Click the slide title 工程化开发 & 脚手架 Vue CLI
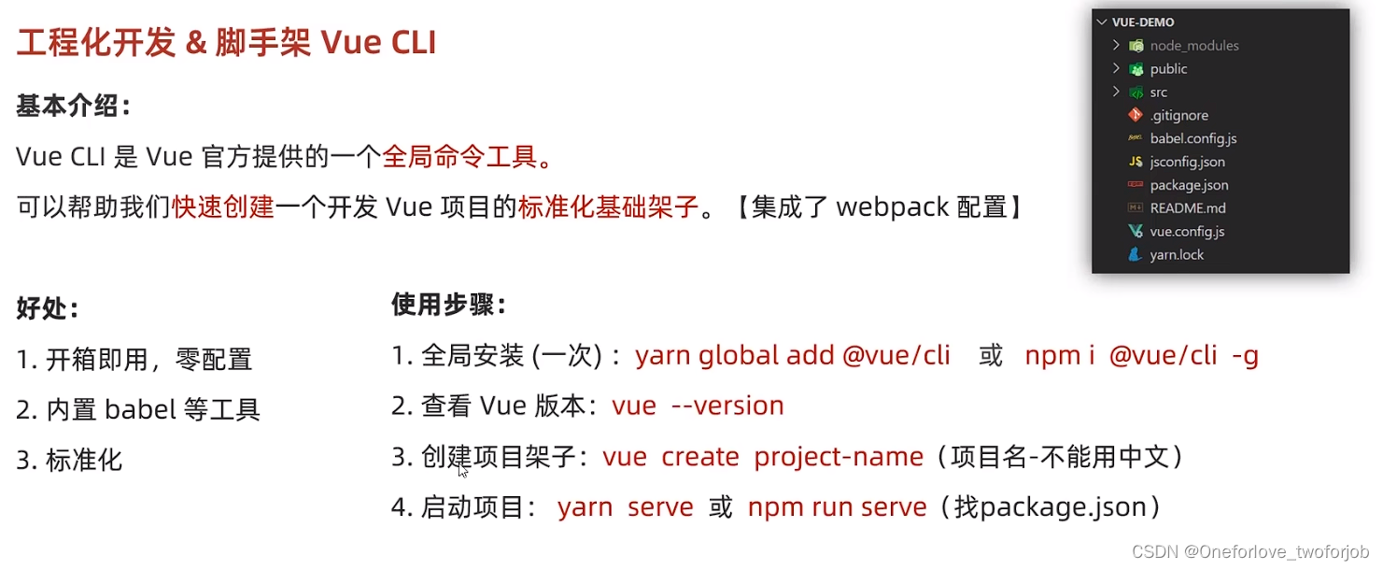click(226, 43)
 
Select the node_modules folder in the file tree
click(1193, 46)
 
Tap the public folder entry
click(1168, 69)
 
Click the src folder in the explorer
click(1158, 93)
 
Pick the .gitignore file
click(1178, 116)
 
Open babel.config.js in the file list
click(1192, 138)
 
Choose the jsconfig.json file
click(1187, 162)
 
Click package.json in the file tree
click(1189, 185)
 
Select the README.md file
click(1188, 208)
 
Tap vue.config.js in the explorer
click(1187, 231)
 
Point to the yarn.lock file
click(1177, 254)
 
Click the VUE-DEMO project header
click(1142, 22)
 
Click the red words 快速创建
click(223, 207)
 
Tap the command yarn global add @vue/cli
click(792, 355)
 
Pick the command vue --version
click(698, 406)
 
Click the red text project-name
click(838, 457)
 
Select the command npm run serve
click(837, 507)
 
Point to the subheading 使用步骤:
click(449, 305)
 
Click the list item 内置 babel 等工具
click(152, 409)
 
